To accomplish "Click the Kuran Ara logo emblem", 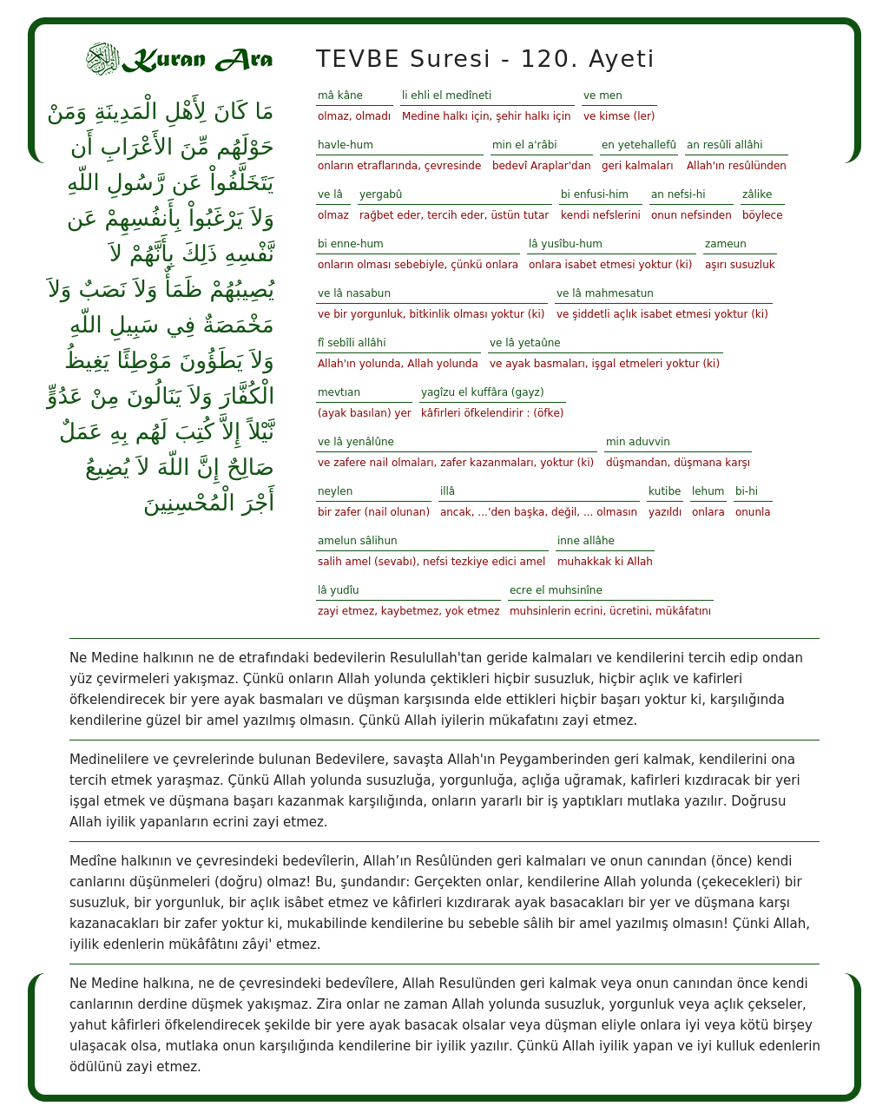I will (x=102, y=59).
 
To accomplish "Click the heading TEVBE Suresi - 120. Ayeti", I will (x=484, y=59).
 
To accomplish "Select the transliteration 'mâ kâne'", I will (x=340, y=95).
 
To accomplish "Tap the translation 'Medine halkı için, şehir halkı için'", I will (x=486, y=116).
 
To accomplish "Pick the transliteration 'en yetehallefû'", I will (x=638, y=145).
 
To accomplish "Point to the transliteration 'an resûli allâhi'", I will (x=724, y=145).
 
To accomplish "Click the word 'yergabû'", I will (x=381, y=194).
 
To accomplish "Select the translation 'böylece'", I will (x=762, y=215).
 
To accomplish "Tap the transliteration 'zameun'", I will (x=726, y=244).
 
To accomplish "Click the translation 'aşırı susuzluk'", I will (x=740, y=265).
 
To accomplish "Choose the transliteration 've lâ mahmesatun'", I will (x=605, y=293).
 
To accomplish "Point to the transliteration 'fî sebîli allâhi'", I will (x=352, y=343).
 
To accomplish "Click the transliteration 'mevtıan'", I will (x=339, y=392).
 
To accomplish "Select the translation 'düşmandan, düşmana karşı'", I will (x=678, y=463).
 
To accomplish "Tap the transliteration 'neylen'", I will (x=335, y=491).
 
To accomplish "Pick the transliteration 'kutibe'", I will (x=665, y=491).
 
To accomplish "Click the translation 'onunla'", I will (x=753, y=512).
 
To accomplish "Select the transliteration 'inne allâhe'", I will (x=586, y=541).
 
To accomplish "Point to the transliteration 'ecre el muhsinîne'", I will (x=556, y=590).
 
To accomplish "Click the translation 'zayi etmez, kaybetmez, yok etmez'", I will (x=408, y=611).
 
